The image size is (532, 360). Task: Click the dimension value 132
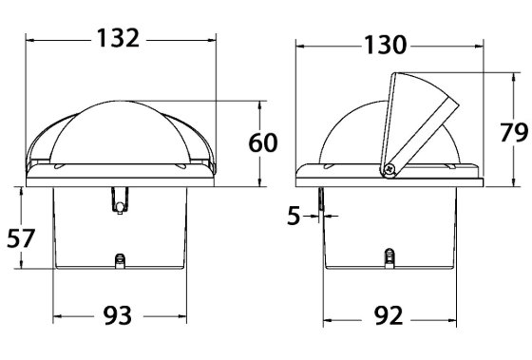118,38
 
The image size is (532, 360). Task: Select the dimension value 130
385,45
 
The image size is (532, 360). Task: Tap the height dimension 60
263,142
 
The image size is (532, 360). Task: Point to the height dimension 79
514,132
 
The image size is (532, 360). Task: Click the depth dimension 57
21,238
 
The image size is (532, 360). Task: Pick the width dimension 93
118,315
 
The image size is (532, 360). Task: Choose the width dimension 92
389,316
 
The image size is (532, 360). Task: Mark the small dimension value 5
294,216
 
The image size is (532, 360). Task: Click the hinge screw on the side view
389,169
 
